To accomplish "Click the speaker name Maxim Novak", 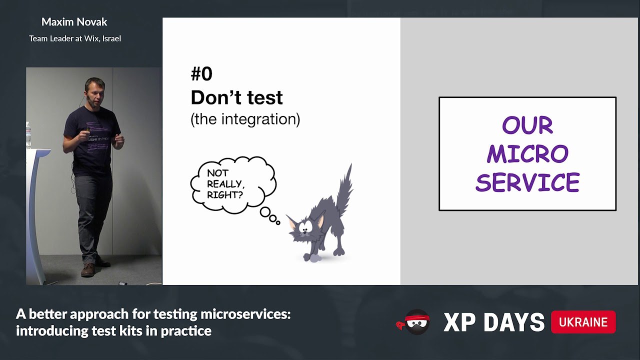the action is pos(74,22).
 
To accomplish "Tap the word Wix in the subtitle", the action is pos(91,38).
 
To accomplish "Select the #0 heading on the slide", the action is pos(201,73).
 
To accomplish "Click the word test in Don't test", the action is pos(264,97).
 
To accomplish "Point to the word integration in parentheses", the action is pos(259,119).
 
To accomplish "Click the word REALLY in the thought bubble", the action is pos(224,183).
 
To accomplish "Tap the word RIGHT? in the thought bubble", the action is pos(225,195).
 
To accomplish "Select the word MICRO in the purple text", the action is pos(527,153).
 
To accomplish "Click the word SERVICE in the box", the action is pos(527,182).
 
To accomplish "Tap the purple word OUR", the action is pos(527,125).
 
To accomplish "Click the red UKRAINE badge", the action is pos(583,322).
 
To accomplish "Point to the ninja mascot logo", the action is pos(414,322).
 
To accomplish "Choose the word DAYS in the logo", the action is pos(514,322).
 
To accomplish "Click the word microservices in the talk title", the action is pos(245,314).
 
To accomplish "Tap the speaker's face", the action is pos(95,93).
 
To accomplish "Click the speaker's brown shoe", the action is pos(87,270).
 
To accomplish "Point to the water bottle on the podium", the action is pos(28,135).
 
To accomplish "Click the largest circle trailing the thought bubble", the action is pos(265,212).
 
